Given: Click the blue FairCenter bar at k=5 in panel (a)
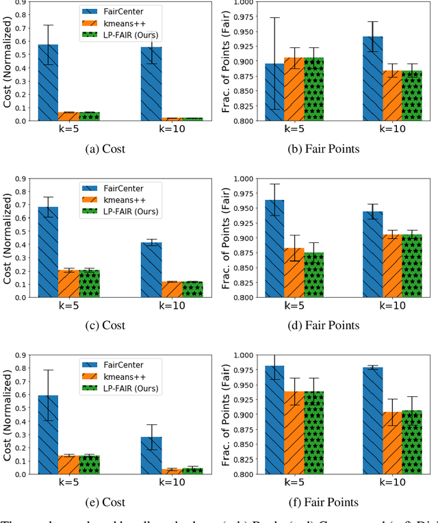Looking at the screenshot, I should (48, 83).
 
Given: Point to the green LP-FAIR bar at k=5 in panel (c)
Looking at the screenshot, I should (89, 283).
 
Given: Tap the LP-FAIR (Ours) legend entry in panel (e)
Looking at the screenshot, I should (130, 389).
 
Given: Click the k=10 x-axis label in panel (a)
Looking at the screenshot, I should (162, 129).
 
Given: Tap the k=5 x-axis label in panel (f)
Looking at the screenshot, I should (284, 483).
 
